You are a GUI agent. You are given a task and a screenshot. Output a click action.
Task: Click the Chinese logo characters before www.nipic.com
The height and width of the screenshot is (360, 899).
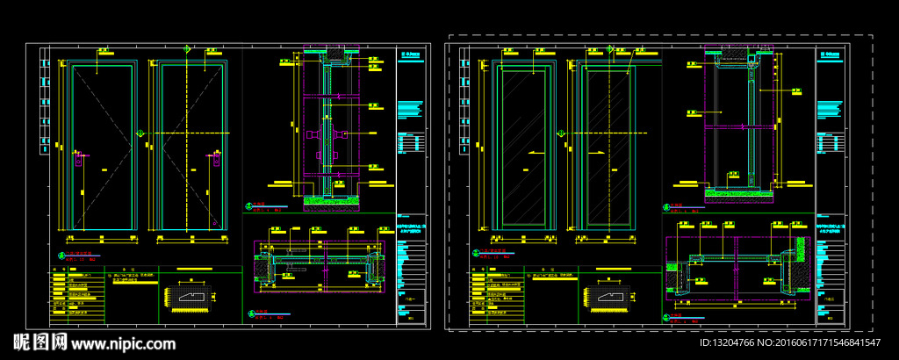point(39,342)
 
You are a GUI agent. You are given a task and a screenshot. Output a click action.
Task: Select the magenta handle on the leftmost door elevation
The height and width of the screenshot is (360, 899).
point(78,160)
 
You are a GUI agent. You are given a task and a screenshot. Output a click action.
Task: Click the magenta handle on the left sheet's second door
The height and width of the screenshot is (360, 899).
point(214,160)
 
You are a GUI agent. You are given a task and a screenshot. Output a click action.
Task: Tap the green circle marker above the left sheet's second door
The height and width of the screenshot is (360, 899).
point(186,48)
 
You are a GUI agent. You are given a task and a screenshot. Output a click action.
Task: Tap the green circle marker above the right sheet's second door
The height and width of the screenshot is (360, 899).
point(607,48)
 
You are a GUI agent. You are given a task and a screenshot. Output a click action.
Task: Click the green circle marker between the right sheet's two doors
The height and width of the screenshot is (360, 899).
point(559,133)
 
